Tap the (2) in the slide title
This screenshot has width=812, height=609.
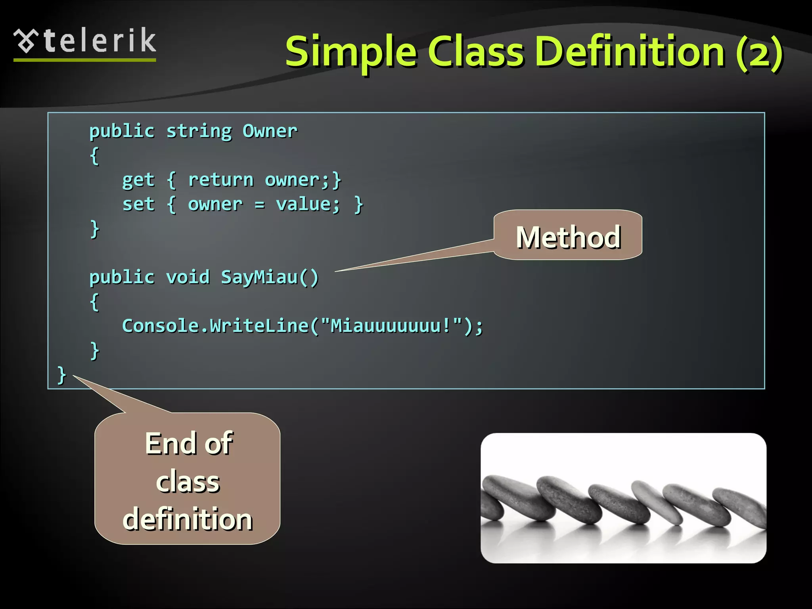coord(759,54)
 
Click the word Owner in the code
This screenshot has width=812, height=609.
coord(270,131)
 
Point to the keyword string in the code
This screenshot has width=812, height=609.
coord(199,131)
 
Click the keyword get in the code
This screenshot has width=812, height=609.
coord(138,180)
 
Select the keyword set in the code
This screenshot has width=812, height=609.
coord(138,205)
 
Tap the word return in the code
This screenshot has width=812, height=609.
coord(220,180)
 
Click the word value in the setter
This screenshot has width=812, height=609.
coord(308,205)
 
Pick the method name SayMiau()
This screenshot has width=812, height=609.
coord(270,277)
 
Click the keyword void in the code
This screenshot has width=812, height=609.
coord(188,277)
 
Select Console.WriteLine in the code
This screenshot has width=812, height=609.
coord(215,326)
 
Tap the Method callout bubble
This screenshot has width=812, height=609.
coord(568,237)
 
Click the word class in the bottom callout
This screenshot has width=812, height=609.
coord(188,482)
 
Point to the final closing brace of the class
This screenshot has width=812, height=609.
coord(61,375)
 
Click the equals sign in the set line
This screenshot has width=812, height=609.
coord(259,205)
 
